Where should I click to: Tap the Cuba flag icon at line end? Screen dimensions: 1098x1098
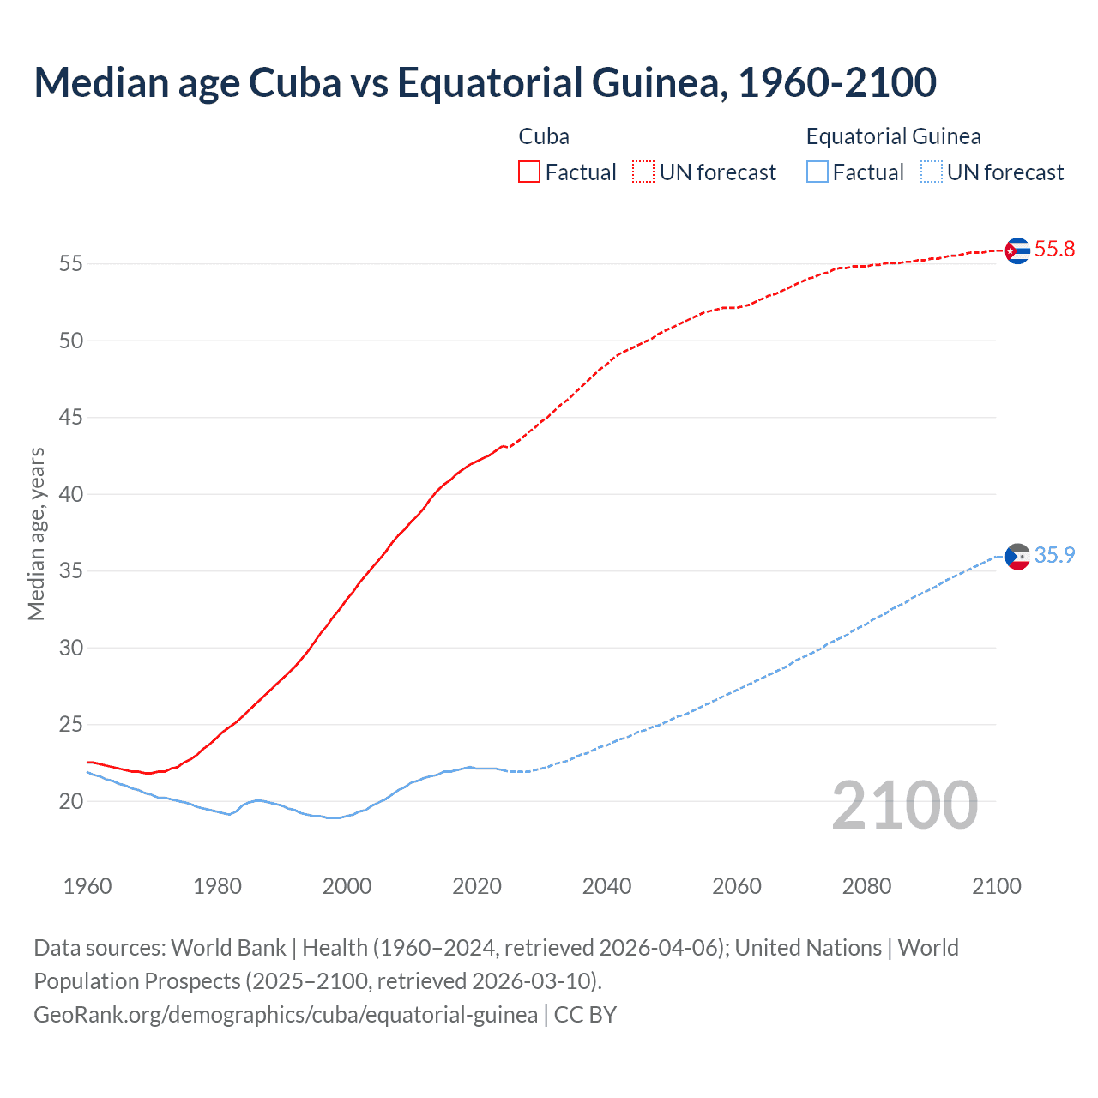pos(1017,250)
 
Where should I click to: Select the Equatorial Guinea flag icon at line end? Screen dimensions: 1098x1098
pos(1017,557)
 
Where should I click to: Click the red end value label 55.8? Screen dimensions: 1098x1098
pos(1054,250)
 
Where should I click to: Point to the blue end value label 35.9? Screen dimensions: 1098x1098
pos(1054,556)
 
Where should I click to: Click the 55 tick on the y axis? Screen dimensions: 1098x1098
pos(71,264)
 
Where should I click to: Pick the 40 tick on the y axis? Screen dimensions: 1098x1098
pos(71,494)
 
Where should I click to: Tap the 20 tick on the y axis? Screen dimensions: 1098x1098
pos(71,801)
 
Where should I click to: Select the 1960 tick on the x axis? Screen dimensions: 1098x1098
pos(87,886)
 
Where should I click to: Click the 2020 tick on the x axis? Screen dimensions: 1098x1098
pos(477,886)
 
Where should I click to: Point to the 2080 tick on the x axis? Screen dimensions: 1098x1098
pos(866,886)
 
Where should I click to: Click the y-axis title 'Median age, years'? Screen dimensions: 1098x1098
pos(36,534)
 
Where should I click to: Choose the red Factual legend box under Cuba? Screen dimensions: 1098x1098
pos(529,172)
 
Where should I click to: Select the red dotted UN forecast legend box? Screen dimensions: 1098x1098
pos(643,172)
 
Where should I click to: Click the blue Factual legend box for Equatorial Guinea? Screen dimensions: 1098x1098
pos(817,172)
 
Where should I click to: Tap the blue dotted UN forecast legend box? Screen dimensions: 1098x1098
pos(931,172)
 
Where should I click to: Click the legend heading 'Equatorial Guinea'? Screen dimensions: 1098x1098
pos(893,136)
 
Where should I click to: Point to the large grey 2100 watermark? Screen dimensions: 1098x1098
pos(904,805)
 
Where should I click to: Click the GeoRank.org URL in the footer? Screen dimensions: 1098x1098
pos(286,1015)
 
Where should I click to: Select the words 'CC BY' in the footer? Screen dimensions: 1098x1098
pos(585,1015)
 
